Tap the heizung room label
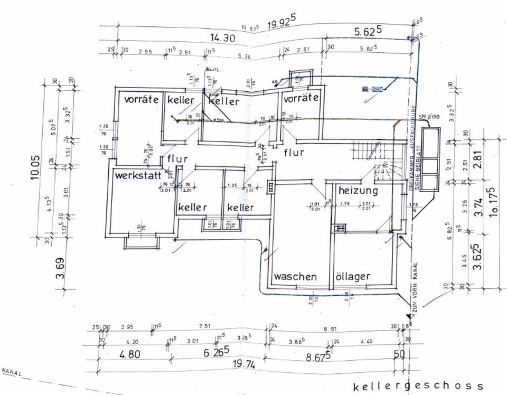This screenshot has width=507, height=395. click(x=359, y=190)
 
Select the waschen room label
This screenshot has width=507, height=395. click(x=295, y=276)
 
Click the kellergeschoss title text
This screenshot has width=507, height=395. click(x=418, y=387)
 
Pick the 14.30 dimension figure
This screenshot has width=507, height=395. click(x=221, y=37)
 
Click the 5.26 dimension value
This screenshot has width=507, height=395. click(x=243, y=57)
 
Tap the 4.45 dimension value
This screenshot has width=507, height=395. click(x=366, y=341)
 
